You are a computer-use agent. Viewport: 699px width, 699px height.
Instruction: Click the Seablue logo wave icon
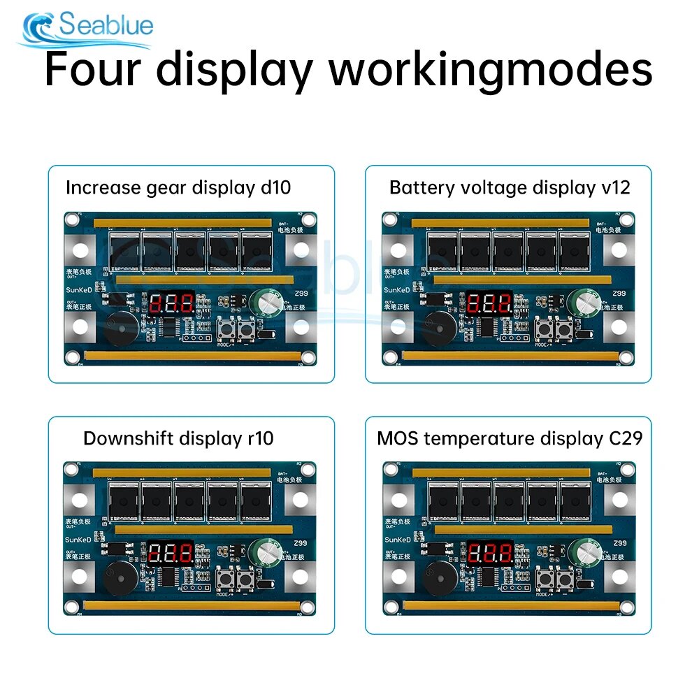(39, 29)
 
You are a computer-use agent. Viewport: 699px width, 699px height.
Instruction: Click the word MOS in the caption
(397, 438)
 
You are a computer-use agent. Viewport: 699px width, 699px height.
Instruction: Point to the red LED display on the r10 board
(171, 554)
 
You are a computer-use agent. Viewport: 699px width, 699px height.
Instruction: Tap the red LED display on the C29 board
(489, 554)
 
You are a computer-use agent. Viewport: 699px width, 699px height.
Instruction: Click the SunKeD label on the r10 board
(78, 540)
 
